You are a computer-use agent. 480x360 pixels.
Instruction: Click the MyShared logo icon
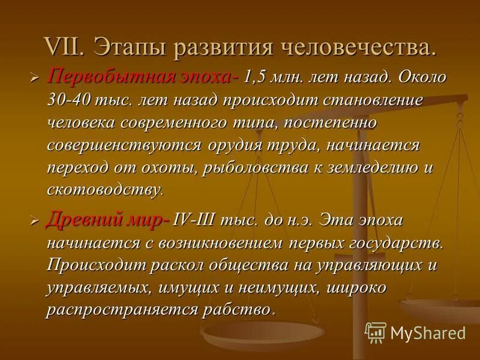click(x=376, y=332)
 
